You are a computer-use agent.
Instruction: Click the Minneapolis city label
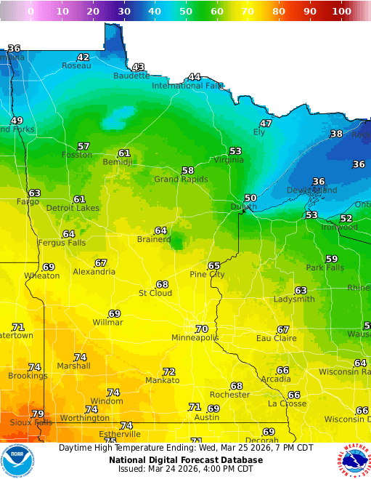pyautogui.click(x=195, y=338)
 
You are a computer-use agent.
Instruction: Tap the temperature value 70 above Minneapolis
pyautogui.click(x=202, y=329)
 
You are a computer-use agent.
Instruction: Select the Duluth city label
pyautogui.click(x=243, y=206)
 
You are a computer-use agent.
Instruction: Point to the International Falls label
pyautogui.click(x=187, y=86)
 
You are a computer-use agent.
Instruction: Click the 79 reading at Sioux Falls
pyautogui.click(x=38, y=414)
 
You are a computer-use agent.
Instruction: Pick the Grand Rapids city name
pyautogui.click(x=181, y=179)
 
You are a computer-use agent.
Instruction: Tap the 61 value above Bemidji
pyautogui.click(x=124, y=153)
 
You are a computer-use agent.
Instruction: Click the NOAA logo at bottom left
pyautogui.click(x=17, y=461)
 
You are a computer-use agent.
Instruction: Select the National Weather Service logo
pyautogui.click(x=354, y=461)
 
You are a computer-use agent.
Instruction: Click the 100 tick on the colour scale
pyautogui.click(x=341, y=12)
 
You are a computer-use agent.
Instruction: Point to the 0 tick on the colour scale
pyautogui.click(x=30, y=12)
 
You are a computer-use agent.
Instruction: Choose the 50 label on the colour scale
pyautogui.click(x=186, y=12)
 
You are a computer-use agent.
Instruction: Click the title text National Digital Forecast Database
pyautogui.click(x=186, y=460)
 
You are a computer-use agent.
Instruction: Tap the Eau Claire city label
pyautogui.click(x=275, y=338)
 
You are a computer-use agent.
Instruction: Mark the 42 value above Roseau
pyautogui.click(x=83, y=57)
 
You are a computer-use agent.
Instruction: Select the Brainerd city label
pyautogui.click(x=154, y=239)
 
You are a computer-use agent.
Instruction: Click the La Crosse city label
pyautogui.click(x=287, y=403)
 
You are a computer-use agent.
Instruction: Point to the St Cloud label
pyautogui.click(x=155, y=293)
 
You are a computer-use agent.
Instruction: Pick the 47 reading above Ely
pyautogui.click(x=266, y=124)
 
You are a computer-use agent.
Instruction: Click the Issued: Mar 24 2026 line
pyautogui.click(x=186, y=469)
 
